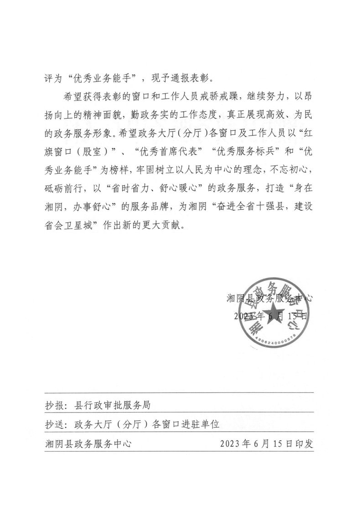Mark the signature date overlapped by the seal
270,316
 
